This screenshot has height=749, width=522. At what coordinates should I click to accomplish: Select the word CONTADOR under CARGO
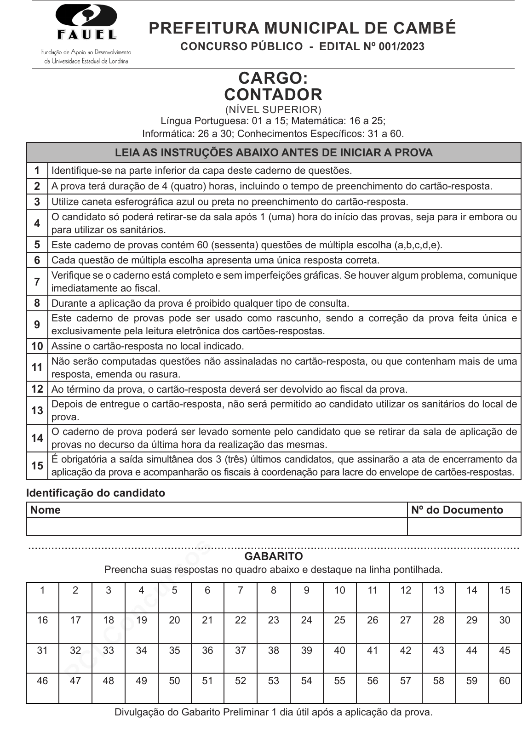(x=273, y=95)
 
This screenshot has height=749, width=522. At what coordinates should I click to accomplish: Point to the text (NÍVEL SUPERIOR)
(x=273, y=109)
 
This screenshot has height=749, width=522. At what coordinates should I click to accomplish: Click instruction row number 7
(x=37, y=281)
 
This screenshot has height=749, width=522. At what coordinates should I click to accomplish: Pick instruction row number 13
(x=37, y=410)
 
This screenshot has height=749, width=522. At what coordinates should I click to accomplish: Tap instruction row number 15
(x=37, y=465)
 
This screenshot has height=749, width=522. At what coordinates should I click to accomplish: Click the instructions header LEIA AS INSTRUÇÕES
(x=274, y=153)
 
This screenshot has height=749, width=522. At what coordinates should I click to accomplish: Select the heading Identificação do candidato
(x=96, y=493)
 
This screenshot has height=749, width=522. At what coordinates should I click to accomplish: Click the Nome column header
(x=46, y=510)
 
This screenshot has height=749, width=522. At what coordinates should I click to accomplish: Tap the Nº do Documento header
(x=457, y=510)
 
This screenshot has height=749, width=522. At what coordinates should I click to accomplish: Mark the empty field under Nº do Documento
(x=464, y=526)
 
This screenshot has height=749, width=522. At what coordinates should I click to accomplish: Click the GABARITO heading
(x=274, y=556)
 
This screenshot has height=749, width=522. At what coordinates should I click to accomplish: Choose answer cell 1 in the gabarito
(x=43, y=598)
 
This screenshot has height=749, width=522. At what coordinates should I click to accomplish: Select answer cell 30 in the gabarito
(x=505, y=628)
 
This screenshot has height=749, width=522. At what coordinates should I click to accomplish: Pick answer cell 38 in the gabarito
(x=274, y=658)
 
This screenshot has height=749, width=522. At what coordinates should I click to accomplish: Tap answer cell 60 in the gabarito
(x=505, y=688)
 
